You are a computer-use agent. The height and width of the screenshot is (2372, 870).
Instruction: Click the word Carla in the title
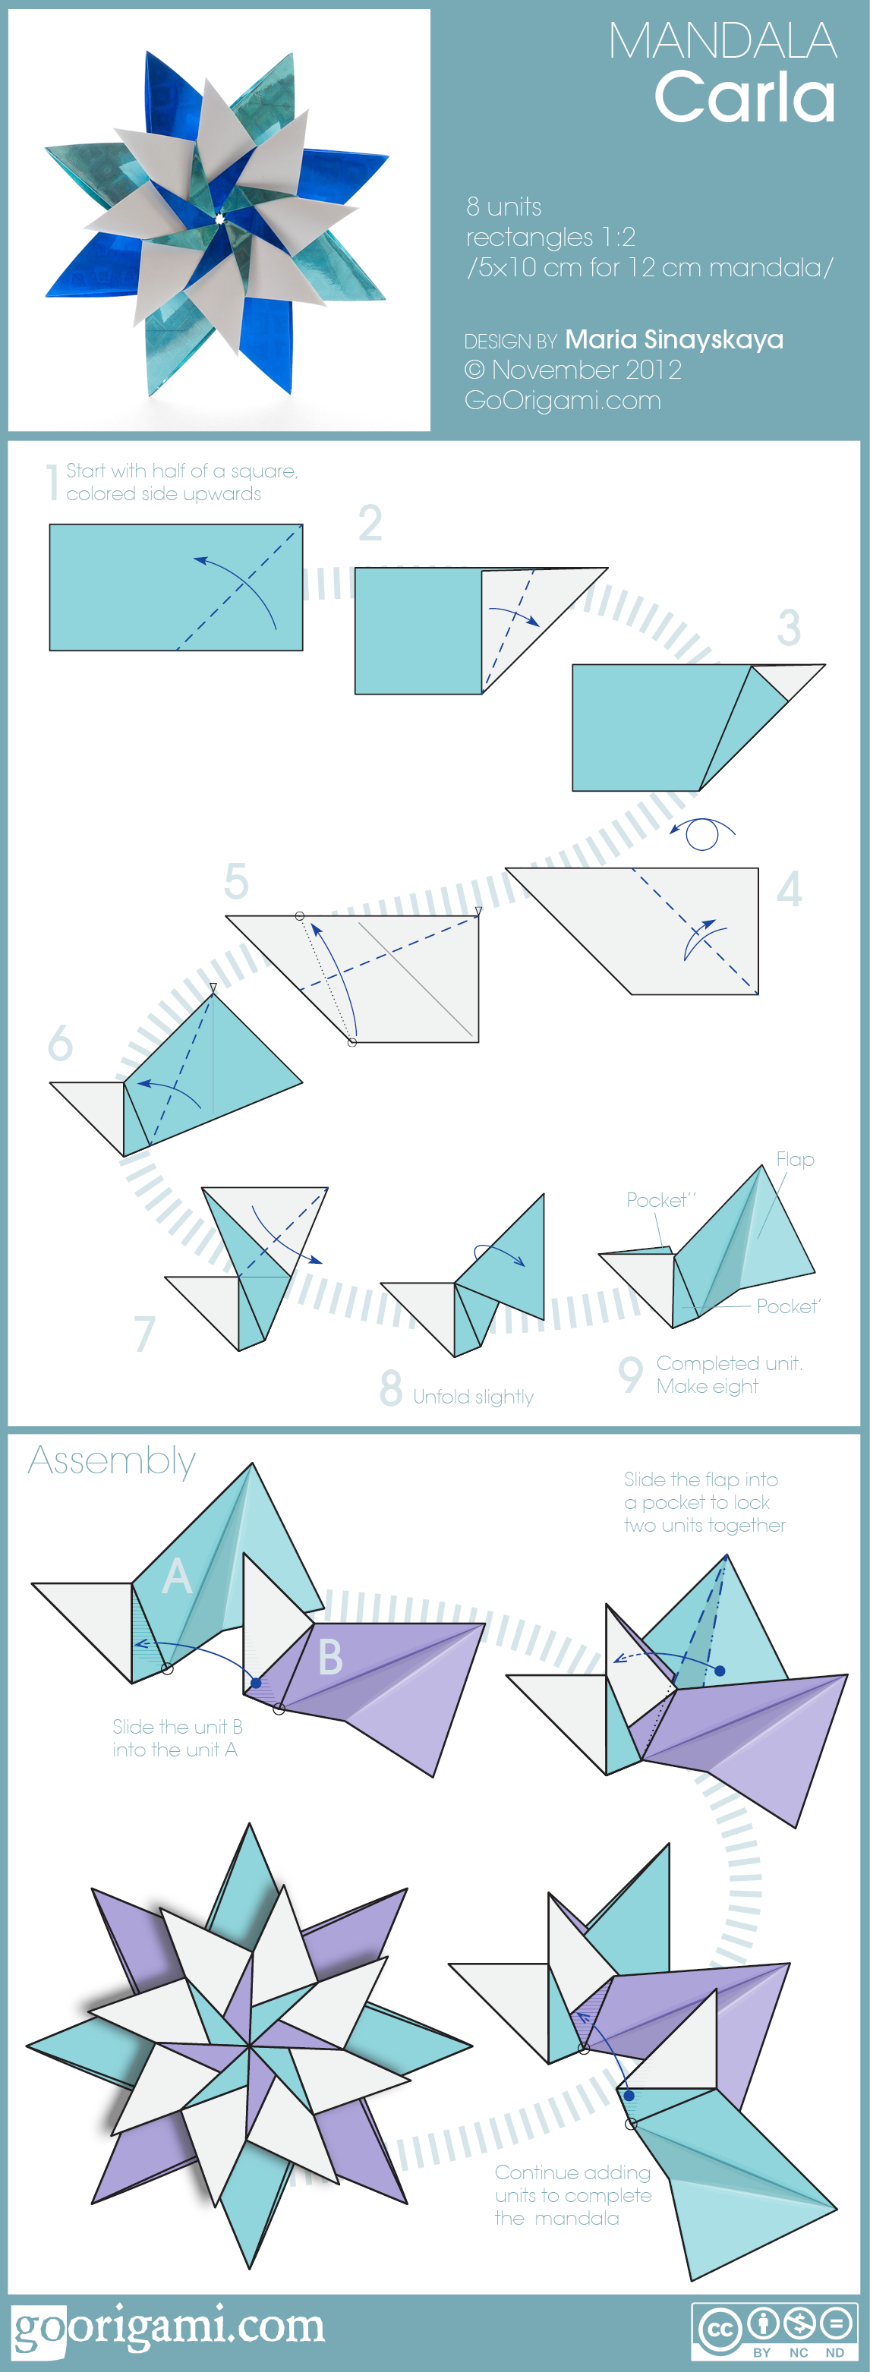click(744, 99)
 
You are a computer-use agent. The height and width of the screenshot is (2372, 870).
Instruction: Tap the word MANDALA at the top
click(722, 42)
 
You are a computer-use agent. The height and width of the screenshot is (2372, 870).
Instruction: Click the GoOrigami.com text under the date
click(562, 401)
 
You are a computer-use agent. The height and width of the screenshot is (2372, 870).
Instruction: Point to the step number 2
click(370, 523)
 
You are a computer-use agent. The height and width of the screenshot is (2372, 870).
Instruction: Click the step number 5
click(237, 881)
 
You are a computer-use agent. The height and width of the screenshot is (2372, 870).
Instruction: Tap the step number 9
click(629, 1375)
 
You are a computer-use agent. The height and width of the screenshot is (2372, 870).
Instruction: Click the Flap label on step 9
click(795, 1159)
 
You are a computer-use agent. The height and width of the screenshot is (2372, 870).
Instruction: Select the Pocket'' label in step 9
click(660, 1200)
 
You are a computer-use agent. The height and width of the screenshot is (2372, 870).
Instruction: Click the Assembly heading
click(112, 1462)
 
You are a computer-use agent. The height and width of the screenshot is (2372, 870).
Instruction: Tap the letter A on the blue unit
click(177, 1576)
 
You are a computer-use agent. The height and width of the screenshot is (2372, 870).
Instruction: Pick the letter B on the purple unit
click(329, 1658)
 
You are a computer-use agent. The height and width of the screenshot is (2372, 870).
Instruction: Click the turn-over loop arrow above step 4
click(702, 833)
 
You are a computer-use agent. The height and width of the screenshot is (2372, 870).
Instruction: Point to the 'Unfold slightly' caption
click(472, 1397)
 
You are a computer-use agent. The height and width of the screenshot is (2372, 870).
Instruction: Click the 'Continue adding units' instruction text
click(572, 2195)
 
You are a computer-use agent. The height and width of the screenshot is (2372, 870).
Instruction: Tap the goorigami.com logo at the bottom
click(169, 2328)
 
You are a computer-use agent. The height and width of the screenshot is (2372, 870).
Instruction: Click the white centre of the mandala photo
click(220, 219)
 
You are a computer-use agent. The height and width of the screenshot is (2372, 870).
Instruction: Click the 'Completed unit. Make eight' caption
click(728, 1375)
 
